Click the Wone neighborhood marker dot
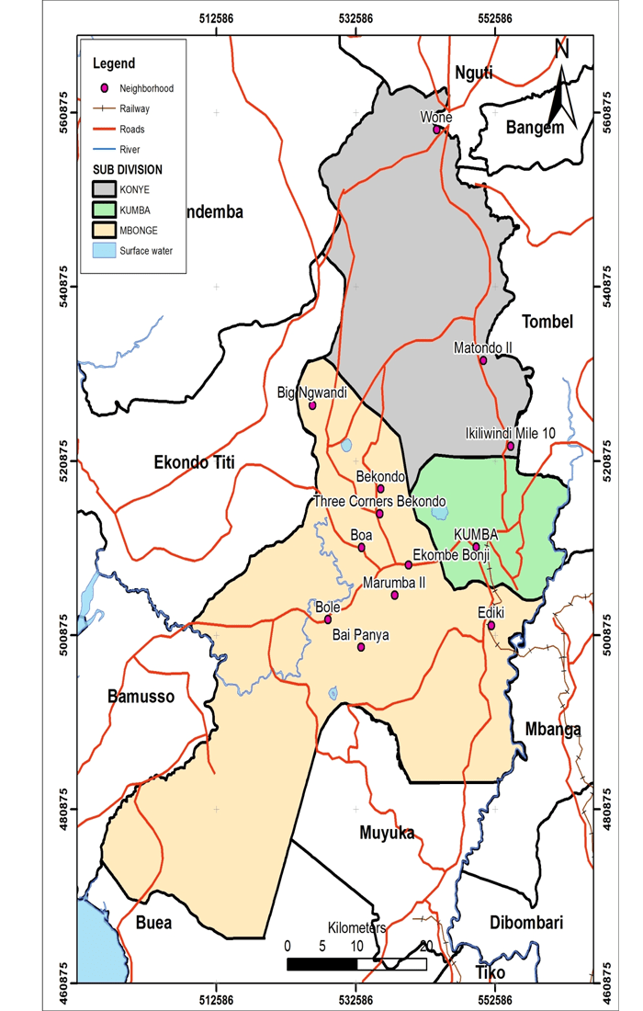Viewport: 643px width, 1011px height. coord(438,130)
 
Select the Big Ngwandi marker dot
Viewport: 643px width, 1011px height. coord(312,405)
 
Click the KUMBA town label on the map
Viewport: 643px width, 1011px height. coord(476,534)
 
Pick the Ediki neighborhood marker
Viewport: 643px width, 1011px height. coord(491,626)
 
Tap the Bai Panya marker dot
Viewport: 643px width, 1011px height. coord(361,647)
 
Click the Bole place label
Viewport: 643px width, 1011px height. coord(328,608)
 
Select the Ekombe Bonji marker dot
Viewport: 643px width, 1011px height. coord(409,564)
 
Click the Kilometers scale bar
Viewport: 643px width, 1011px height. coord(356,964)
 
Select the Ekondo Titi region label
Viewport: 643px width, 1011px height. coord(195,464)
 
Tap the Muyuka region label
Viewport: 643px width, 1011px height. coord(385,834)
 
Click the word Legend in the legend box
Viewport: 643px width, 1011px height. coord(114,63)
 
